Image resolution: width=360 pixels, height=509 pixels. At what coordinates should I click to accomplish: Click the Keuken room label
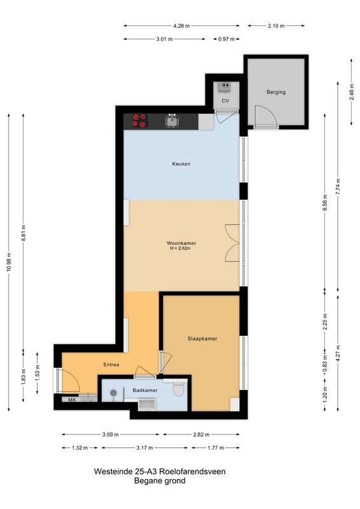tap(181, 164)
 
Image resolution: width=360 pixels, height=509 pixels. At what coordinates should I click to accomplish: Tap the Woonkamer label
tap(181, 243)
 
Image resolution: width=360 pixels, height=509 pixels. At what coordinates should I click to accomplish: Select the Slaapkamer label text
tap(202, 338)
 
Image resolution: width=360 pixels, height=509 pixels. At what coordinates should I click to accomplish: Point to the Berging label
tap(276, 92)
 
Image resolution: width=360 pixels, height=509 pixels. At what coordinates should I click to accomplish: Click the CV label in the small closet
tap(225, 101)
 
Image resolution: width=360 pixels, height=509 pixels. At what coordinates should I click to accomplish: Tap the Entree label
tap(111, 365)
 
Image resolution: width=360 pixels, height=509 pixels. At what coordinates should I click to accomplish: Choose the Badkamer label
tap(145, 391)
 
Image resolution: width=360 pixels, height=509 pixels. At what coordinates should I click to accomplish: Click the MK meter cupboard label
tap(72, 400)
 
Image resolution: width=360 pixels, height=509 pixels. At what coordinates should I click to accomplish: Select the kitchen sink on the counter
tap(171, 121)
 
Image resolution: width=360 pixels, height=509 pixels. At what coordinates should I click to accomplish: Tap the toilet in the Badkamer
tap(179, 389)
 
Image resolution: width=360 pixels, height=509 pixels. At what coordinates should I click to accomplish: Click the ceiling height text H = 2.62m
tap(180, 249)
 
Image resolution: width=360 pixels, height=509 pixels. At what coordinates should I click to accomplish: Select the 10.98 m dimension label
tap(9, 261)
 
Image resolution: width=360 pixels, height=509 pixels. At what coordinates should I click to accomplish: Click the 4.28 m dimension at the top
tap(181, 26)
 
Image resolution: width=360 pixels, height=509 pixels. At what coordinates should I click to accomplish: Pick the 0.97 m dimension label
tap(226, 39)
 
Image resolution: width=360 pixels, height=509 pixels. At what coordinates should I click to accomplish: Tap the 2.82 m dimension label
tap(201, 435)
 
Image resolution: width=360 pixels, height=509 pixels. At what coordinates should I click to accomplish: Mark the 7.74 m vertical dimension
tap(338, 186)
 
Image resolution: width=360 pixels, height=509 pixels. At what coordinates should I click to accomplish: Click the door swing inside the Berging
tap(265, 115)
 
